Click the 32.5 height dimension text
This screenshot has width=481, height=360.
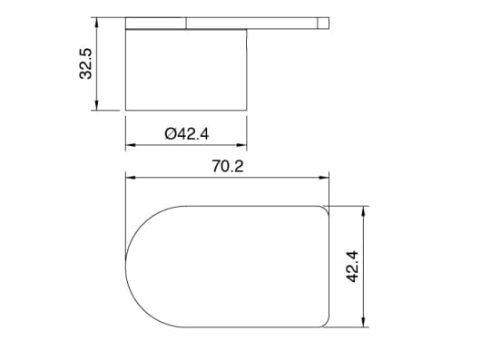(87, 63)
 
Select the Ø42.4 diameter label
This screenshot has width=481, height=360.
(187, 133)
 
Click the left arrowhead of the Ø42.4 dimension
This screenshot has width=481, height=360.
(129, 144)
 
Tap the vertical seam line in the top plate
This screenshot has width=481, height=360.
(186, 23)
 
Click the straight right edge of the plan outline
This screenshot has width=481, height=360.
(329, 266)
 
